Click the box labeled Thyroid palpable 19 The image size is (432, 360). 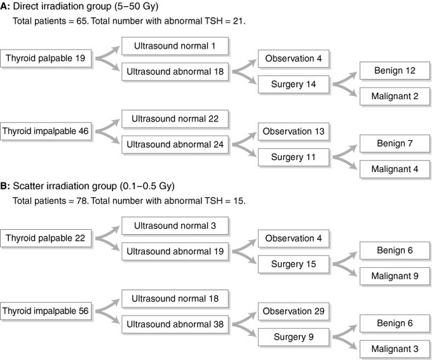(46, 58)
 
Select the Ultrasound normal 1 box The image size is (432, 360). (175, 46)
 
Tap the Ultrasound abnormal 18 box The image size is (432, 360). (175, 72)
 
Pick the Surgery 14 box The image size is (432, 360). (294, 84)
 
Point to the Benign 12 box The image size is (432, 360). (395, 70)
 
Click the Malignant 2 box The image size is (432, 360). (395, 97)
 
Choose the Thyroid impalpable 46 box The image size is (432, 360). (46, 131)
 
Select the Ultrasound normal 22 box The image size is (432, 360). (175, 119)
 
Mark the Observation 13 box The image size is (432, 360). (294, 131)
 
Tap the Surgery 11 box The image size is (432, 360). (294, 157)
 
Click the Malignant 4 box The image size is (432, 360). (395, 169)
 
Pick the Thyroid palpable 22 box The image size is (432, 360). (46, 238)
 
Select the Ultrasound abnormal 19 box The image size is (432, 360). (175, 251)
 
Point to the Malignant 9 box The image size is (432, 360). (395, 276)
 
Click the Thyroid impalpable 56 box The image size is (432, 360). (46, 311)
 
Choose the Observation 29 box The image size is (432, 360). (294, 311)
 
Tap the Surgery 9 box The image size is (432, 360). (294, 337)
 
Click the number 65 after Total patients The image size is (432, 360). (82, 21)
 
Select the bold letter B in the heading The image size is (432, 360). (4, 186)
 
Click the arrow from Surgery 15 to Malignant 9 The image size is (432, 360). (344, 270)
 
